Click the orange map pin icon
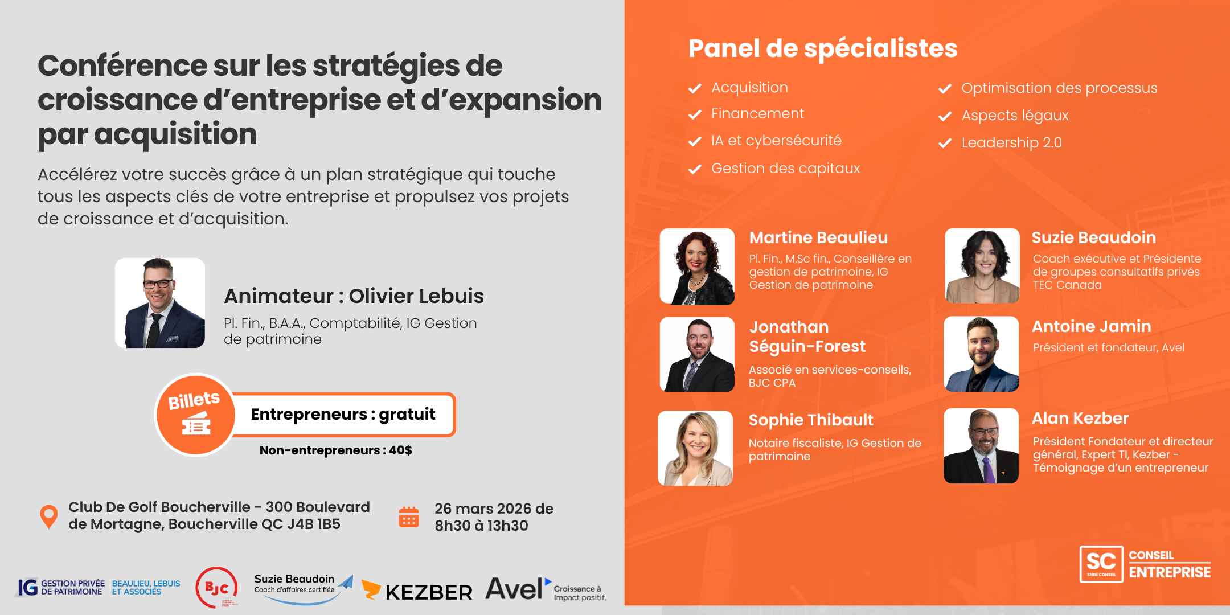[49, 516]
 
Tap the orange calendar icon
[409, 516]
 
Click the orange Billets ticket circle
[195, 415]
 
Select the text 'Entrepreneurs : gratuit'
[343, 414]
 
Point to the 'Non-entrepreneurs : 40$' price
[335, 450]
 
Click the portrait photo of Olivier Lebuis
[160, 303]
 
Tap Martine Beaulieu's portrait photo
[697, 266]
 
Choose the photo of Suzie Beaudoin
[982, 265]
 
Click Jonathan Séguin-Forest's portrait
[697, 354]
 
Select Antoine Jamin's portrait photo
[981, 354]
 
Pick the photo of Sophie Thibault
[695, 448]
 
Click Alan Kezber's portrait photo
[981, 446]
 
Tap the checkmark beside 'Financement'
[695, 114]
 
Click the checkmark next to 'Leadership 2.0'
[945, 143]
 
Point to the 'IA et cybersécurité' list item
[776, 141]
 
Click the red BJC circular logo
[216, 587]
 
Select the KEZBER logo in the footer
[417, 591]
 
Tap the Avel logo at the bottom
[546, 589]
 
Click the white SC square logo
[1101, 564]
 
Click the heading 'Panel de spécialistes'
[823, 48]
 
